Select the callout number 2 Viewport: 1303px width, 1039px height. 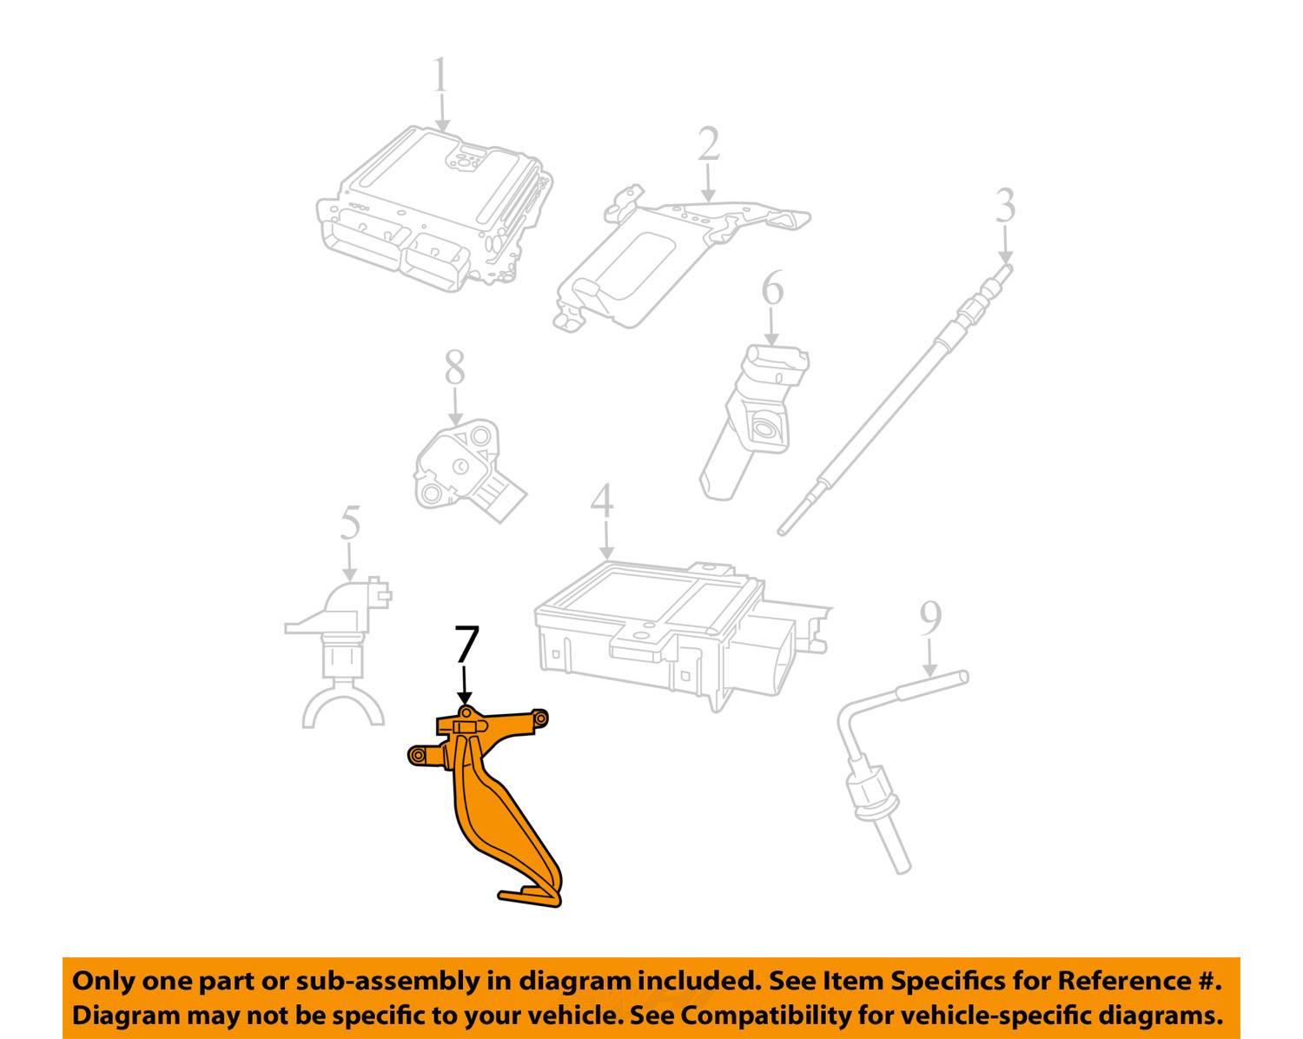point(709,145)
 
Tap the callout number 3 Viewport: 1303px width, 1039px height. point(1005,207)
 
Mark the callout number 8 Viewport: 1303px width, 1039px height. point(455,368)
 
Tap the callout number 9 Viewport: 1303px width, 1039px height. point(930,619)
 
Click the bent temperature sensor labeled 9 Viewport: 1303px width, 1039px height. point(877,764)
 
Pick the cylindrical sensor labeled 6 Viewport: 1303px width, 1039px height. point(756,417)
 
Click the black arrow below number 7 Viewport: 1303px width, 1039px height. point(466,686)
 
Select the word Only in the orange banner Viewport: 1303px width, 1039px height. point(103,981)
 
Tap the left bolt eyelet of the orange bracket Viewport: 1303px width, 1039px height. point(418,756)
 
